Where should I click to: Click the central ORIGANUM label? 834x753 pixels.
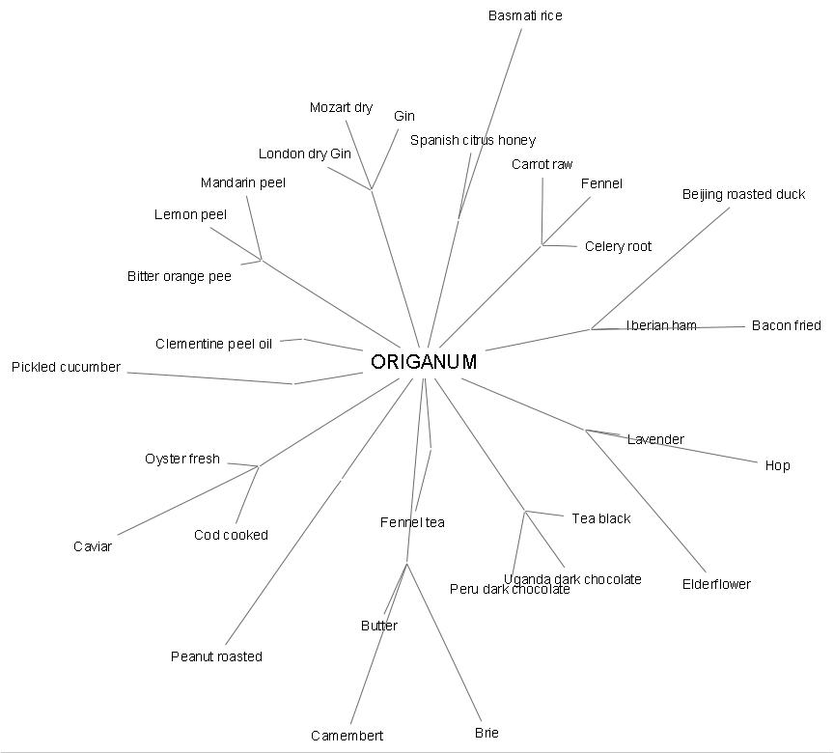point(424,362)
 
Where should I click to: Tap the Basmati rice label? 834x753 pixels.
point(525,15)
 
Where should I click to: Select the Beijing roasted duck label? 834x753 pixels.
point(743,194)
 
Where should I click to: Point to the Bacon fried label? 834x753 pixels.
point(786,325)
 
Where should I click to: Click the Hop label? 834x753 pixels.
point(777,465)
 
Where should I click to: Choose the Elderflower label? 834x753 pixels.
point(716,584)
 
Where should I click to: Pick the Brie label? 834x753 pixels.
point(486,733)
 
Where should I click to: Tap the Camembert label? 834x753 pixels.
point(347,736)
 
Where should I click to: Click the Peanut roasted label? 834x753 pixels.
point(216,656)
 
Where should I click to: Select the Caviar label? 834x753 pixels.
point(93,546)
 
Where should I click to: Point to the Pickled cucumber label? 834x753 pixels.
point(66,367)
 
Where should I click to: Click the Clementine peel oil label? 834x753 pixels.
point(214,344)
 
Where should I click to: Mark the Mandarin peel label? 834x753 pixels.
point(243,182)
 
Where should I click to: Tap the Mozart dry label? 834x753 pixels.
point(341,107)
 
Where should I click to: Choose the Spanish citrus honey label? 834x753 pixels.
point(472,140)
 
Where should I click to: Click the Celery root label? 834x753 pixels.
point(618,246)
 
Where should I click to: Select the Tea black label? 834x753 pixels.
point(600,518)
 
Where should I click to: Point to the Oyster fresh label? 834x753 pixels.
point(182,459)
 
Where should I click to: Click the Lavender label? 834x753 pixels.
point(655,439)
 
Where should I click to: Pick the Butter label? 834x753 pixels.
point(379,626)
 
